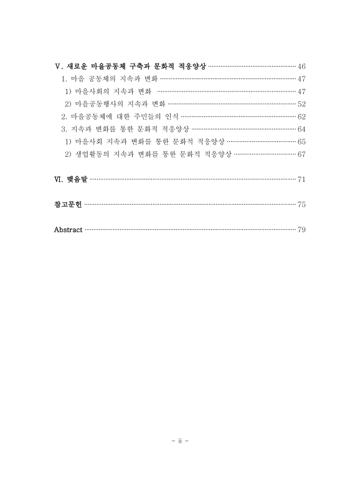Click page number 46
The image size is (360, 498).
click(x=301, y=67)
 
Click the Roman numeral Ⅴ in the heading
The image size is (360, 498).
click(x=58, y=67)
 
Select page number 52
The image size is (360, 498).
click(x=301, y=104)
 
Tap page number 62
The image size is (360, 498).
click(x=301, y=116)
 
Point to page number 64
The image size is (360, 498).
click(x=301, y=129)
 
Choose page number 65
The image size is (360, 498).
click(x=301, y=141)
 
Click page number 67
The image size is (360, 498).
click(x=301, y=154)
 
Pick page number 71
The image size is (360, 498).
click(x=301, y=180)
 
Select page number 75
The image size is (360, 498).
click(x=301, y=205)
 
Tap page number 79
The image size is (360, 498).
click(x=301, y=230)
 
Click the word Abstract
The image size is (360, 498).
click(x=69, y=230)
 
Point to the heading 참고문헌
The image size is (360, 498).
click(x=68, y=205)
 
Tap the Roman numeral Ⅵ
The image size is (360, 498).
click(x=59, y=180)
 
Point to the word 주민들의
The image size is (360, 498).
click(x=145, y=116)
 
